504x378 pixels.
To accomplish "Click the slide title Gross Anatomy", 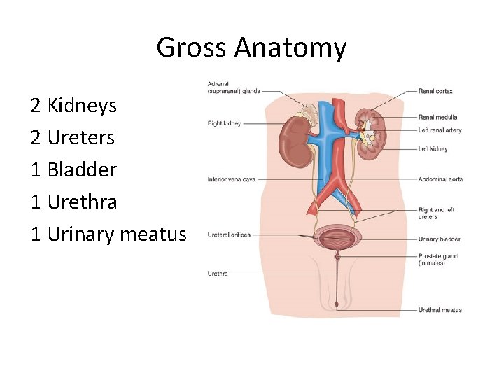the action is point(251,48).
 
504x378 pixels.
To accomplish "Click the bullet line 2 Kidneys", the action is point(73,106).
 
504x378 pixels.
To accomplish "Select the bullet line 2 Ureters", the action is point(72,137).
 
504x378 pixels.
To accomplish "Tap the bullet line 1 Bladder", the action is point(73,169).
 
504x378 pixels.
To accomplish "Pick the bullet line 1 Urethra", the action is point(73,202).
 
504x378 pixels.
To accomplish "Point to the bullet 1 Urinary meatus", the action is point(108,234).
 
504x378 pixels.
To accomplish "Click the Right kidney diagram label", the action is point(224,123).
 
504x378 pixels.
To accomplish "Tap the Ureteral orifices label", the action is point(229,234).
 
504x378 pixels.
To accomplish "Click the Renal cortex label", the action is point(435,91).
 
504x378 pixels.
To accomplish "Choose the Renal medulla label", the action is point(438,117).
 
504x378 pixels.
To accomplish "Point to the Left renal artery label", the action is point(440,130).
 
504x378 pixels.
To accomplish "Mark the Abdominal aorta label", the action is point(440,179).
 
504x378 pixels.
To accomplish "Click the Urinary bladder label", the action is point(439,239).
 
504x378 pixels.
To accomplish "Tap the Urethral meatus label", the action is point(440,310).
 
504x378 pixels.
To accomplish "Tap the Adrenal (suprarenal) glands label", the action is point(232,87).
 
